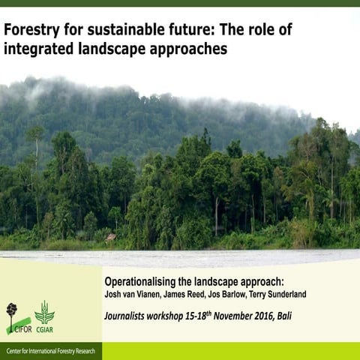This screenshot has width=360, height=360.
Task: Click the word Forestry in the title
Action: (x=31, y=31)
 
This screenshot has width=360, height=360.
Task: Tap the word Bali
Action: (x=284, y=315)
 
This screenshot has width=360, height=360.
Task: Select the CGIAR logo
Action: (x=44, y=317)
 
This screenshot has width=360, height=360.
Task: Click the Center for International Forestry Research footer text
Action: (x=49, y=352)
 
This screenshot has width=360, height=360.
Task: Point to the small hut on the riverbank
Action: (x=112, y=237)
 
